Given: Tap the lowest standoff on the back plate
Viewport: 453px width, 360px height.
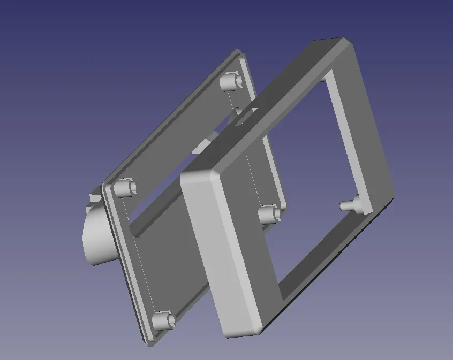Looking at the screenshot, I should tap(163, 320).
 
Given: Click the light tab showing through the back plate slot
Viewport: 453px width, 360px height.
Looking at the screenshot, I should tap(202, 145).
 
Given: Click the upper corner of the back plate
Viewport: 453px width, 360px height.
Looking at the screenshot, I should tap(238, 52).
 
